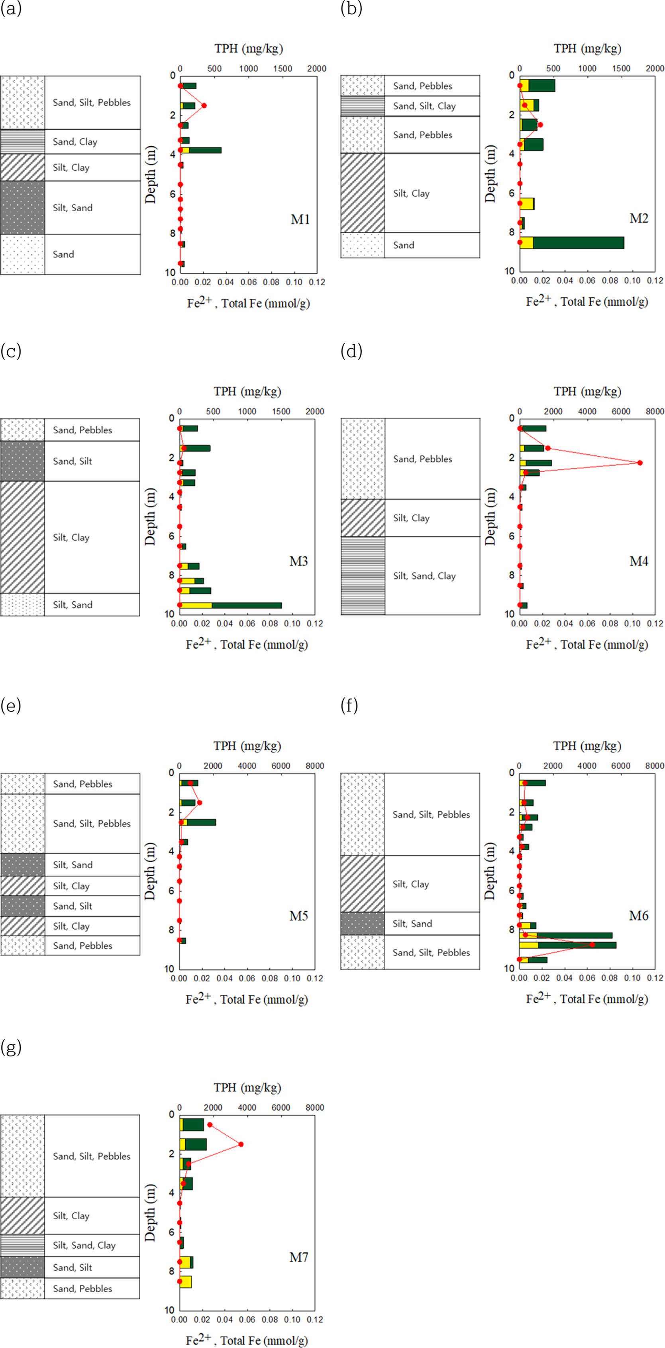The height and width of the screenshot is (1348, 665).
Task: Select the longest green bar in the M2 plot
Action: tap(578, 243)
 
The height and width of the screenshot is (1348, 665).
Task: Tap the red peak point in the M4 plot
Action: tap(640, 463)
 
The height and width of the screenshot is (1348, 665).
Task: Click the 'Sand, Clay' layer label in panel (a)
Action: tap(75, 142)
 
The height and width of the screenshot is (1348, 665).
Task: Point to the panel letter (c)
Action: tap(11, 351)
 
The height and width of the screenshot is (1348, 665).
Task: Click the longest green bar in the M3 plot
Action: tap(246, 605)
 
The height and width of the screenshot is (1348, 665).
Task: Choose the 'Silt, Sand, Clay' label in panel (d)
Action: tap(424, 576)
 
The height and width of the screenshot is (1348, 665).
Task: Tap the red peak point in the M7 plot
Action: tap(241, 1144)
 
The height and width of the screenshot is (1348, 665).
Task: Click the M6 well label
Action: tap(638, 915)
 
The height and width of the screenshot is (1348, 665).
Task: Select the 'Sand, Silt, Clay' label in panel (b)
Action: tap(424, 106)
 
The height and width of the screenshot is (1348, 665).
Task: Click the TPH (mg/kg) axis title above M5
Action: tap(247, 746)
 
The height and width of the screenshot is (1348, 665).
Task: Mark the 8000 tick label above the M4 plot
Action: tap(655, 411)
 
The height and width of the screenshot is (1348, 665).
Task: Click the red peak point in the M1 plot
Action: tap(204, 105)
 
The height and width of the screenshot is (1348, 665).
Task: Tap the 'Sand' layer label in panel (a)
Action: tap(63, 254)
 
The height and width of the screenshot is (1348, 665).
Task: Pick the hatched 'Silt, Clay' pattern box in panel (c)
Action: tap(22, 537)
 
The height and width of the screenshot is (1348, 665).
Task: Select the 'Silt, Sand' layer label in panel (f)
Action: tap(412, 924)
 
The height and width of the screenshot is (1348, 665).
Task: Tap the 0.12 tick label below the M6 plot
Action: tap(655, 977)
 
